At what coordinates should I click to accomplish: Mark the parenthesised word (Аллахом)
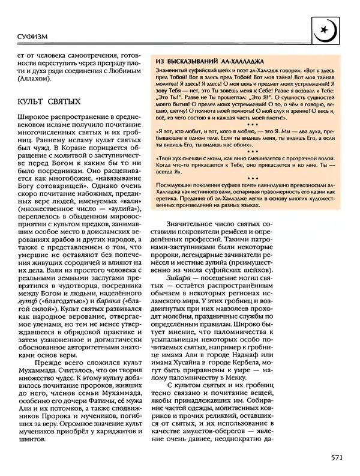pyautogui.click(x=35, y=79)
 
